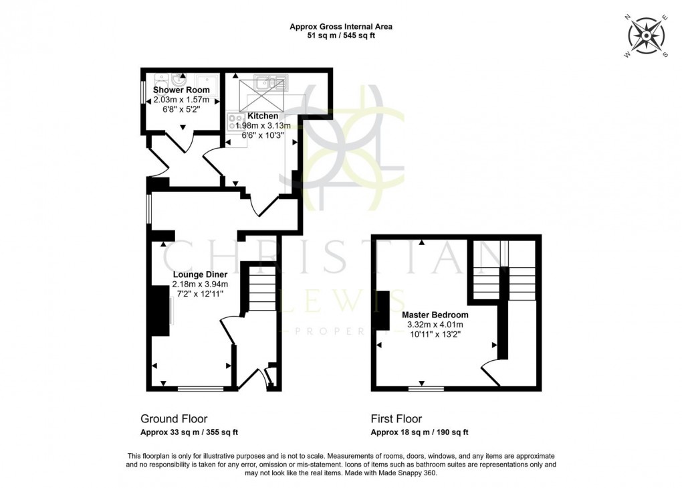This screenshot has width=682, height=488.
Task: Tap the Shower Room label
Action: [181, 90]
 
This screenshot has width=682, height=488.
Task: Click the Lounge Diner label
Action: [200, 274]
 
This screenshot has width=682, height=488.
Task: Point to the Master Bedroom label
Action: [435, 315]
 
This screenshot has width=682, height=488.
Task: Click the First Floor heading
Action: [396, 419]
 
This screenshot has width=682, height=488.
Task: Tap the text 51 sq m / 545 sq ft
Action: [341, 36]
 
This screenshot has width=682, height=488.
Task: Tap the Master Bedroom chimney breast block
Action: [383, 311]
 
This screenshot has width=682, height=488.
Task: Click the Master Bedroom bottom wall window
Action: [426, 388]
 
